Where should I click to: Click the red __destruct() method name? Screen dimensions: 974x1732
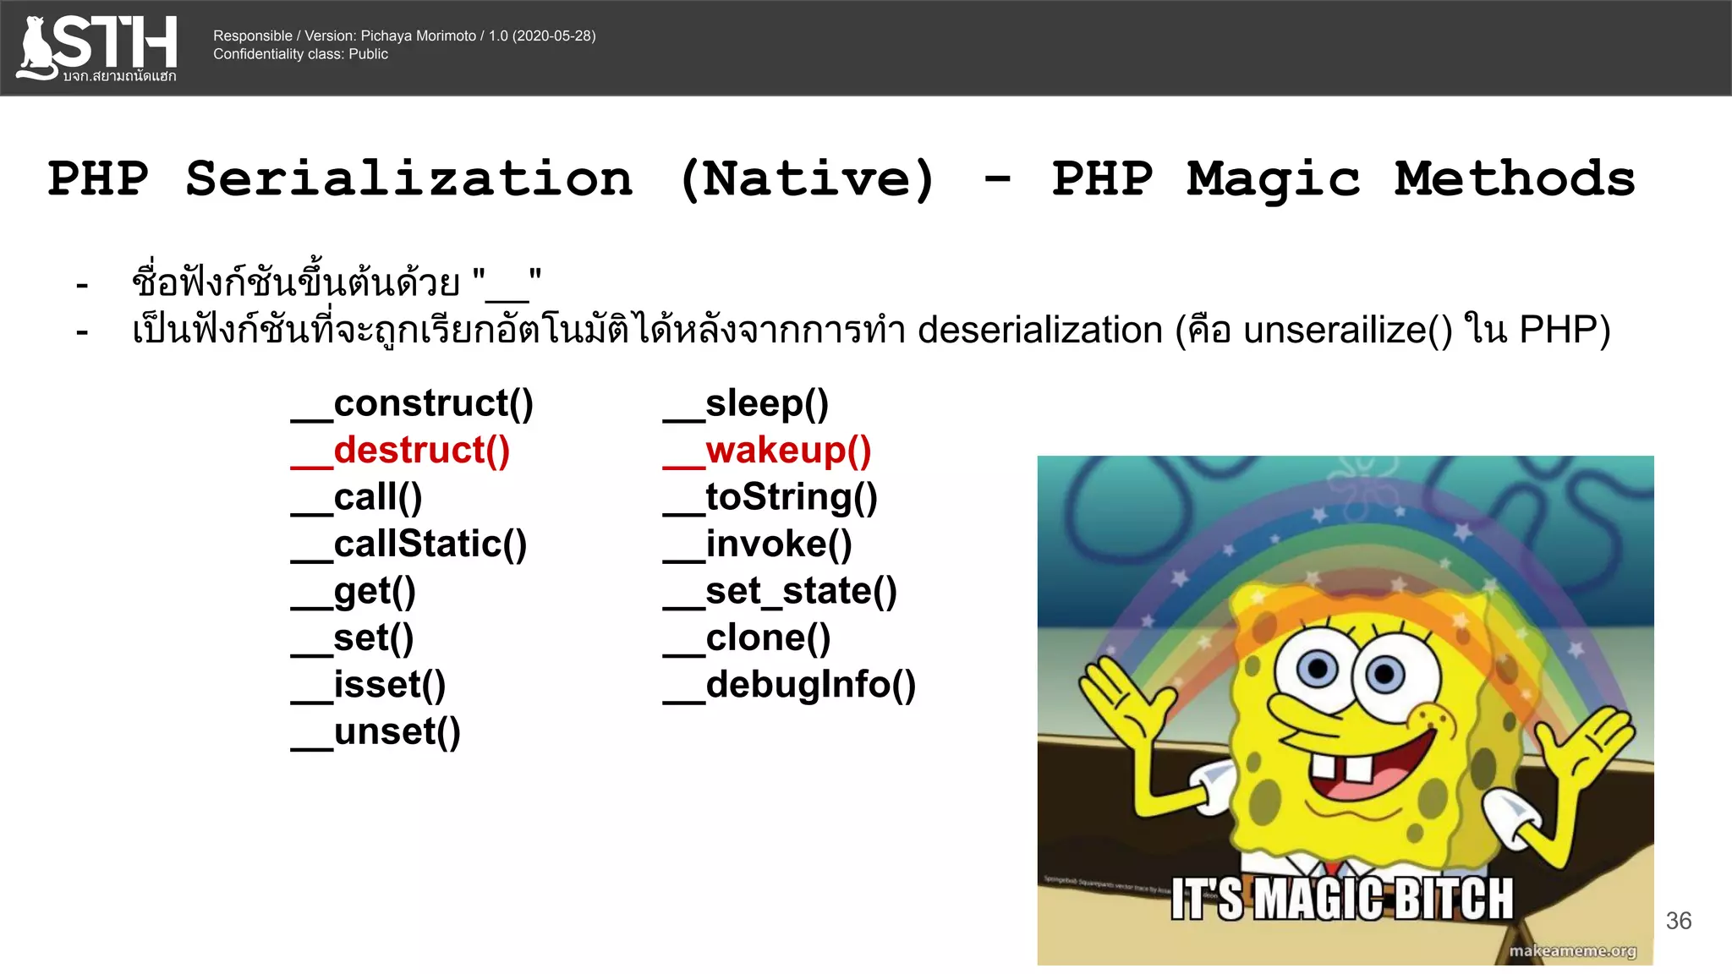[402, 451]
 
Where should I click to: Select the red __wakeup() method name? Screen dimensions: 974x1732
[768, 451]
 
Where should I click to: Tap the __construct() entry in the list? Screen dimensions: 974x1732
[413, 403]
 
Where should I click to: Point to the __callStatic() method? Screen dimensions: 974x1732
[409, 544]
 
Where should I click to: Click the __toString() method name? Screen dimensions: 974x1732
[770, 497]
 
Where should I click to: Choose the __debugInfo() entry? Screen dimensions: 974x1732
[790, 685]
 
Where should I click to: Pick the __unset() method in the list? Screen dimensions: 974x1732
[376, 732]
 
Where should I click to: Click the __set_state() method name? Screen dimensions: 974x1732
[780, 591]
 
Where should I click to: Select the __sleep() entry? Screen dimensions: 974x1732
[746, 403]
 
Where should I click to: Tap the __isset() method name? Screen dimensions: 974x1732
[369, 685]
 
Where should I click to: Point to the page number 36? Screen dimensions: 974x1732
[1678, 921]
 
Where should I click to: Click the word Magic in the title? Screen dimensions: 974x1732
[1274, 179]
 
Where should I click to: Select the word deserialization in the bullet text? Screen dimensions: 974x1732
[1040, 330]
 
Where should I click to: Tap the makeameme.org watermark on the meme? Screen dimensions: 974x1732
[1572, 951]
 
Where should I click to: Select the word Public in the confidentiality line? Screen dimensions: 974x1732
[368, 54]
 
